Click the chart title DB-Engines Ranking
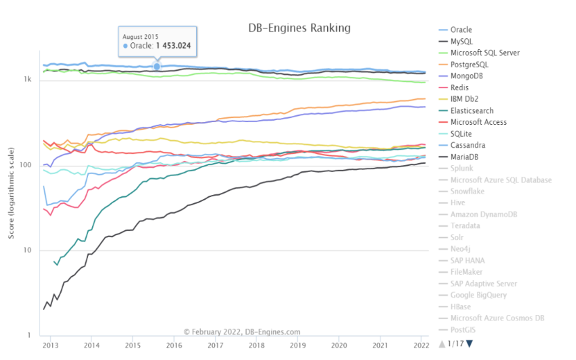click(299, 28)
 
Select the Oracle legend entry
click(455, 30)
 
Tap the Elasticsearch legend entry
click(466, 111)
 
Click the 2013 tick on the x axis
click(51, 345)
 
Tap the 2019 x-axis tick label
click(297, 345)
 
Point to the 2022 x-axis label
click(421, 345)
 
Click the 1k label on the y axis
click(28, 79)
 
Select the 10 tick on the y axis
click(28, 250)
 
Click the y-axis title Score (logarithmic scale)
click(11, 193)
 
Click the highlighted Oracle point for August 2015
click(157, 67)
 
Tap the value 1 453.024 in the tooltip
click(173, 46)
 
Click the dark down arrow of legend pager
click(469, 344)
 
